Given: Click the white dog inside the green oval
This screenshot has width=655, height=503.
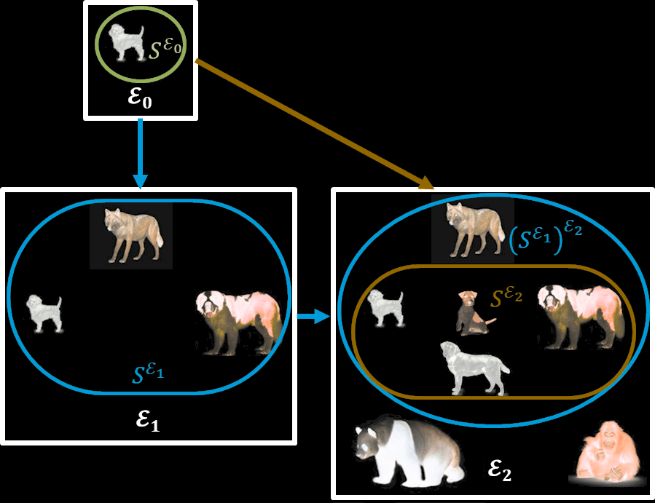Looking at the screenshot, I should [x=127, y=42].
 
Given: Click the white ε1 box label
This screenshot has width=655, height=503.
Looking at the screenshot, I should [x=148, y=420].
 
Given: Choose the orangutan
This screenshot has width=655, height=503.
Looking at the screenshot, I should [x=608, y=454].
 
